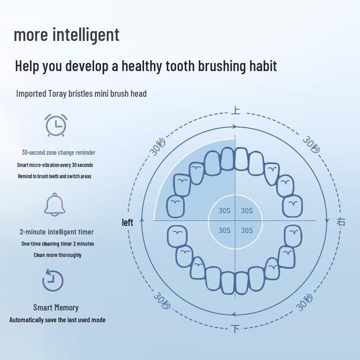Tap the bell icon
55,204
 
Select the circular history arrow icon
53,280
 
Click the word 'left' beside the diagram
128,222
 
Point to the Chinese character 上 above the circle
235,110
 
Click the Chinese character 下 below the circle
235,329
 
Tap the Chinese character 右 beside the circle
341,221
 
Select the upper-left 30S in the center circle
224,211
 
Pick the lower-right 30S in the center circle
247,230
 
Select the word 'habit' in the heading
261,66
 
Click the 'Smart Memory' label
56,308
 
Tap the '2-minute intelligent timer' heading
57,232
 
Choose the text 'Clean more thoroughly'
58,255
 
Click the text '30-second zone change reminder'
58,153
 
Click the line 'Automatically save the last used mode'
58,320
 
